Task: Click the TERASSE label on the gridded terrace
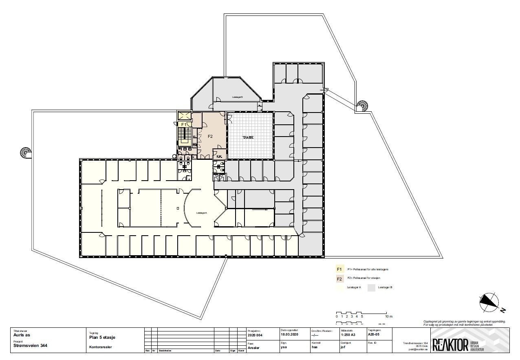(x=248, y=137)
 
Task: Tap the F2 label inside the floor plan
(x=210, y=136)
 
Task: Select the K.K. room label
(x=219, y=157)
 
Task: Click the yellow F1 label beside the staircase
(x=184, y=124)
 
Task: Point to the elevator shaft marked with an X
(x=184, y=115)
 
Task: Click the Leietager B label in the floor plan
(x=237, y=97)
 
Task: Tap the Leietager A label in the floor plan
(x=201, y=213)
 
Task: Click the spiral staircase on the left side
(x=26, y=153)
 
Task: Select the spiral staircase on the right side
(x=362, y=106)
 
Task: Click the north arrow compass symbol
(x=489, y=301)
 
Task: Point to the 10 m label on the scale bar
(x=388, y=316)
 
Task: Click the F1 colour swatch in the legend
(x=339, y=269)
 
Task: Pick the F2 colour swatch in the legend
(x=339, y=279)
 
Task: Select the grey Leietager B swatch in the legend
(x=371, y=287)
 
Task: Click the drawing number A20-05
(x=373, y=335)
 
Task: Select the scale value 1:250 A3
(x=348, y=335)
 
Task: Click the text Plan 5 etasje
(x=102, y=337)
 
